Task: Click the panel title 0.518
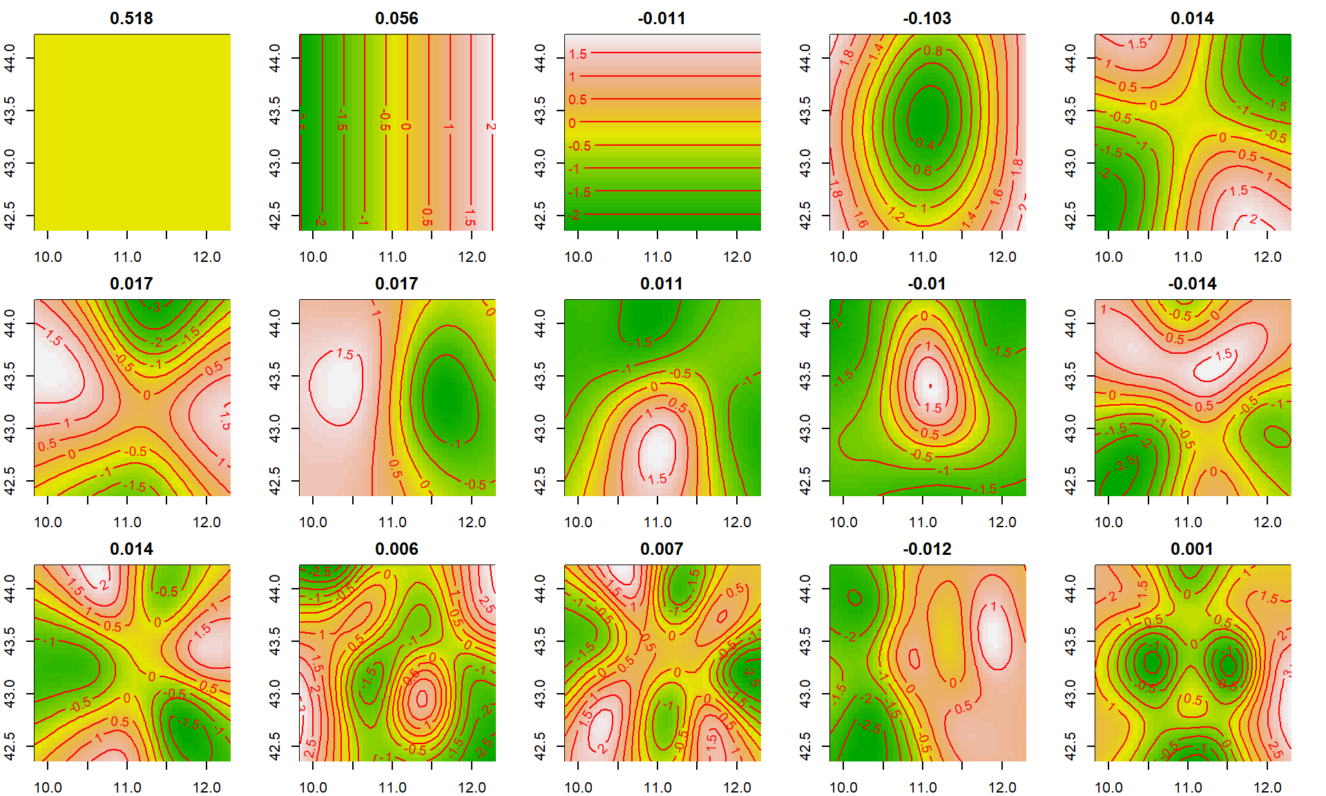pyautogui.click(x=131, y=19)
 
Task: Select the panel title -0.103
pyautogui.click(x=927, y=19)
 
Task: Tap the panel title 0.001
pyautogui.click(x=1192, y=549)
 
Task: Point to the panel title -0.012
pyautogui.click(x=927, y=549)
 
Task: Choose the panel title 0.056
pyautogui.click(x=396, y=19)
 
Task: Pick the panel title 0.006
pyautogui.click(x=396, y=549)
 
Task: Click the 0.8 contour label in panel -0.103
pyautogui.click(x=932, y=50)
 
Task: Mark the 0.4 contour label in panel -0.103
pyautogui.click(x=925, y=144)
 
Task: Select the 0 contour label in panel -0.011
pyautogui.click(x=572, y=123)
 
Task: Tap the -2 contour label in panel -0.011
pyautogui.click(x=575, y=215)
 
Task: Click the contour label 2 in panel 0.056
pyautogui.click(x=490, y=126)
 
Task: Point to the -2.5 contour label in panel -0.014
pyautogui.click(x=1125, y=464)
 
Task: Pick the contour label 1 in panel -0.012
pyautogui.click(x=993, y=607)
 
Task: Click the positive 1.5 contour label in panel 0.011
pyautogui.click(x=657, y=478)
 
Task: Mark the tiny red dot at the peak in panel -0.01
pyautogui.click(x=930, y=386)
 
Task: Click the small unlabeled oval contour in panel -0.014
pyautogui.click(x=1277, y=437)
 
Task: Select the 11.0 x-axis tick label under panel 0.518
pyautogui.click(x=127, y=257)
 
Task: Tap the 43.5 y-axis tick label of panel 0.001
pyautogui.click(x=1070, y=641)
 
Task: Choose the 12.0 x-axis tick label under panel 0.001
pyautogui.click(x=1267, y=788)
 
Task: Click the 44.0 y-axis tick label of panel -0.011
pyautogui.click(x=540, y=58)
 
